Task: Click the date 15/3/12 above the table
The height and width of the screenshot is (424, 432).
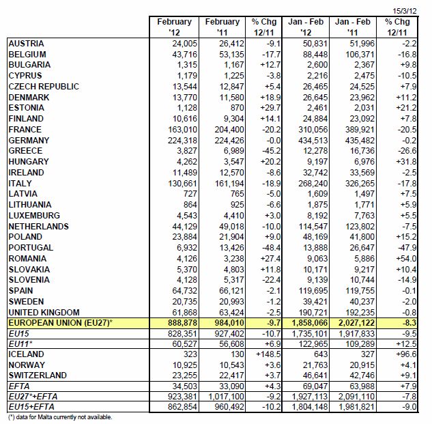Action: (x=405, y=11)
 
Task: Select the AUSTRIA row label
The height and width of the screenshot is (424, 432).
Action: (x=26, y=44)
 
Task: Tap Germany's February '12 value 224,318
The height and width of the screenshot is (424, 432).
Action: (x=182, y=141)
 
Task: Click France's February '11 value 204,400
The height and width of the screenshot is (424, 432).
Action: (x=229, y=130)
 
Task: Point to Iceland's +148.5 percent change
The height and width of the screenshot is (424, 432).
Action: (x=268, y=354)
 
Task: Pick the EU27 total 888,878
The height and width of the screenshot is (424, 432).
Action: (x=182, y=323)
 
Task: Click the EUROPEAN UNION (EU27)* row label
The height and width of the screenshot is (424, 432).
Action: (x=61, y=323)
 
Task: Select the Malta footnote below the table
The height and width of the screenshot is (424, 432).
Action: (x=60, y=417)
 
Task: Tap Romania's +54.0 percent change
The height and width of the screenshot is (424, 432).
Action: (x=406, y=259)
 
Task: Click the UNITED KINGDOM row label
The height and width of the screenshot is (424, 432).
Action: (x=44, y=313)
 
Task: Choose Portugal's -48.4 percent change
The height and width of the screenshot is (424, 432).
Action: (x=272, y=248)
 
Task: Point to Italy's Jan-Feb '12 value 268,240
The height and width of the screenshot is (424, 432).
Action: (x=313, y=184)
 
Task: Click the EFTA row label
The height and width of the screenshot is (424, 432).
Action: (x=19, y=386)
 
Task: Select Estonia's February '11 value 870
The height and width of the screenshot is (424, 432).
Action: (x=237, y=108)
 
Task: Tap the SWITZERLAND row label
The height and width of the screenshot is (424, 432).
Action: (x=38, y=376)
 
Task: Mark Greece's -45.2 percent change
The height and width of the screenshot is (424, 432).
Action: (x=272, y=151)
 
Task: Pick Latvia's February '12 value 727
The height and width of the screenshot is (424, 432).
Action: (x=190, y=194)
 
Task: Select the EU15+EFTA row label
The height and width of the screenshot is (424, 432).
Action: (x=31, y=407)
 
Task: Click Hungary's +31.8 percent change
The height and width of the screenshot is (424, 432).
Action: (x=406, y=162)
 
